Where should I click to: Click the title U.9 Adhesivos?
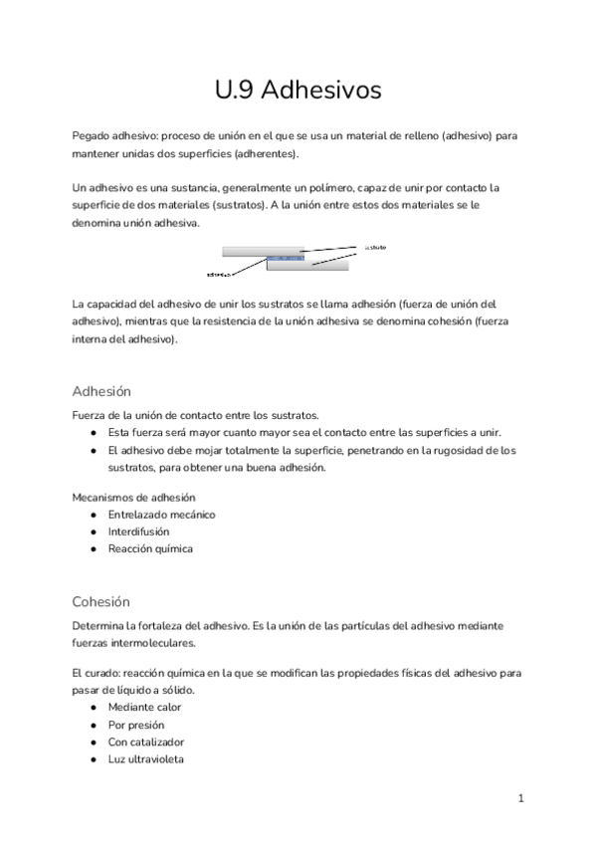coord(298,90)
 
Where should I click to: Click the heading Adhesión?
coord(101,391)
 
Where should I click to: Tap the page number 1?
coord(520,798)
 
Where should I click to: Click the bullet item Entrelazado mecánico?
coord(161,515)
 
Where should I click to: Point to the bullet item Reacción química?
coord(150,548)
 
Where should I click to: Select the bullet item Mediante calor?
coord(144,708)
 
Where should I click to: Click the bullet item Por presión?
coord(136,725)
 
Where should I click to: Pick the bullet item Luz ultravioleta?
coord(145,758)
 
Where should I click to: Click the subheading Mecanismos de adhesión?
coord(134,497)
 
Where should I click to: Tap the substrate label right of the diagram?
coord(375,247)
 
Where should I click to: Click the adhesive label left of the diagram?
coord(219,272)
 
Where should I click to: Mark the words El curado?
coord(96,673)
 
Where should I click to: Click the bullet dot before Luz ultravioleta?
coord(93,758)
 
